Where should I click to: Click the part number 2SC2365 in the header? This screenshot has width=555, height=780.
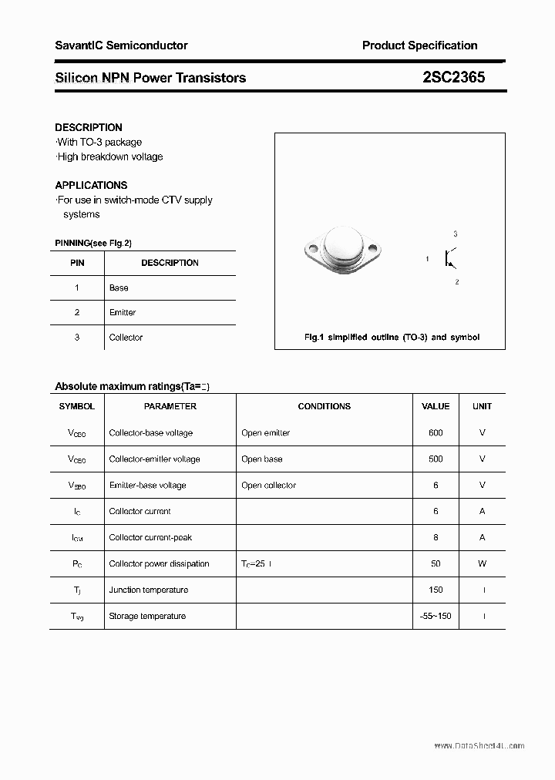point(453,77)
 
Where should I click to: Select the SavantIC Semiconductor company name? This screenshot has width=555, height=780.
point(121,45)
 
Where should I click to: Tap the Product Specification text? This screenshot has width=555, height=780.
point(419,45)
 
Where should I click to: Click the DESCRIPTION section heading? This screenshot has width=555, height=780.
point(89,127)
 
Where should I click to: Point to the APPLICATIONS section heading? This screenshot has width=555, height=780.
point(91,185)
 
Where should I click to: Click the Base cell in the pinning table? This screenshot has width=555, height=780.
point(119,287)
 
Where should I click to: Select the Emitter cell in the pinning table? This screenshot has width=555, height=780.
point(123,312)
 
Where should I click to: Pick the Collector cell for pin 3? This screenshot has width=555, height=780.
point(126,338)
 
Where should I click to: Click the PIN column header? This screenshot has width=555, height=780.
point(77,263)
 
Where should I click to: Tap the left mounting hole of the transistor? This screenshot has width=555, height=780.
point(313,248)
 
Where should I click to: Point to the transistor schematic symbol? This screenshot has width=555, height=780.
point(449,258)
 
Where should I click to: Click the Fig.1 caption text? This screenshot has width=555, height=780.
point(392,338)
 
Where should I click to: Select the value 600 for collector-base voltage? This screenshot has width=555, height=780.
point(436,433)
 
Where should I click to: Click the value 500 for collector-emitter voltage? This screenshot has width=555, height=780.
point(436,459)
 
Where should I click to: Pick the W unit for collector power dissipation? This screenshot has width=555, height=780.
point(482,564)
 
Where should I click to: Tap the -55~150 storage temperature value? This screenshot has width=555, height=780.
point(436,617)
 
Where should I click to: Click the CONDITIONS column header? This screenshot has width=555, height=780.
point(324,406)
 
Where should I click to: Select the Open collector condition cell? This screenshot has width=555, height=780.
point(268,486)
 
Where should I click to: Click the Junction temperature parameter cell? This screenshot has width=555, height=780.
point(148,590)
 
